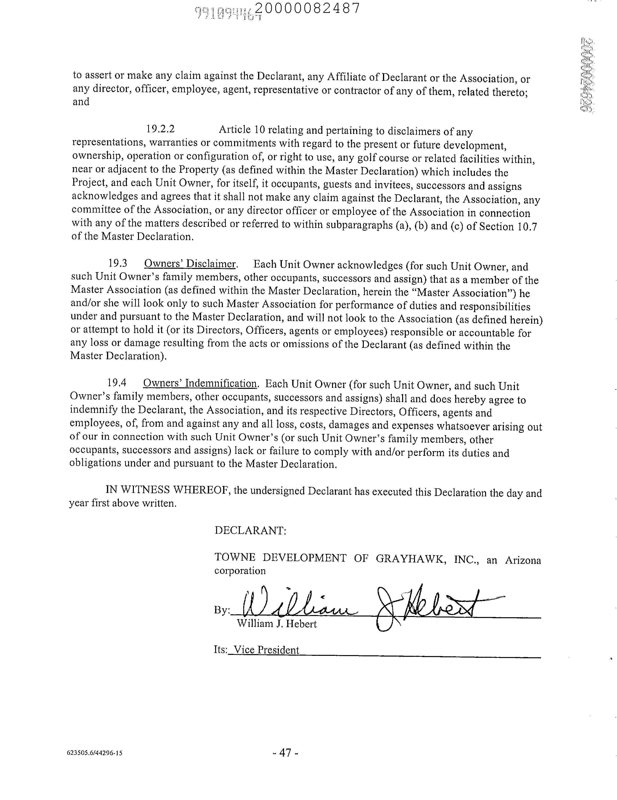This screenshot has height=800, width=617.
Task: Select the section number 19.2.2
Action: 160,129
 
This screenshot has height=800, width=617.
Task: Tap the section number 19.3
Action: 117,263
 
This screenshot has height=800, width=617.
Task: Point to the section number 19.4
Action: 117,383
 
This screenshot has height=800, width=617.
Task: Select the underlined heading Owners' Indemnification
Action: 200,383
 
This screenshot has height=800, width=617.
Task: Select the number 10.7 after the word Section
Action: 527,227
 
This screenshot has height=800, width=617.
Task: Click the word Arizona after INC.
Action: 523,560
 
